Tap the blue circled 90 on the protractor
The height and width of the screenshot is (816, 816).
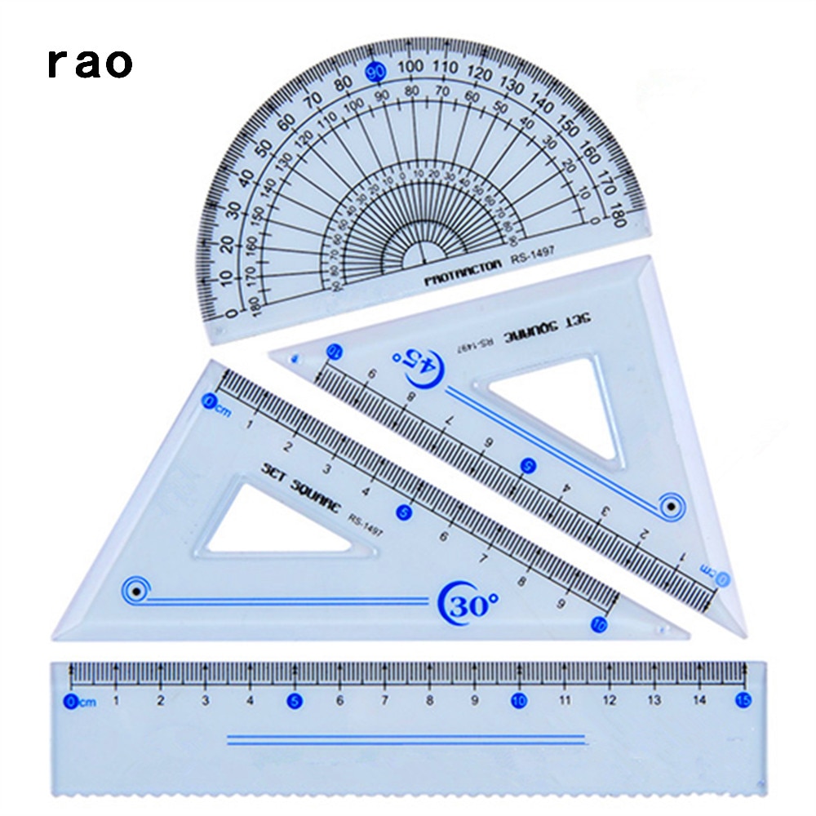(x=376, y=72)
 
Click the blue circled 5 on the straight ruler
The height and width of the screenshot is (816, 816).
(x=293, y=700)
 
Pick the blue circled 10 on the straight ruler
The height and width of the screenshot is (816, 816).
(x=517, y=700)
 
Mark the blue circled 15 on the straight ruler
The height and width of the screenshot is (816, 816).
(x=743, y=700)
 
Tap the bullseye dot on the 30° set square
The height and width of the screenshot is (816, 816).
(x=136, y=590)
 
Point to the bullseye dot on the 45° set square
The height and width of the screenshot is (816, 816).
(x=672, y=507)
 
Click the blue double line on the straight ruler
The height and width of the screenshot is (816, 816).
(x=406, y=740)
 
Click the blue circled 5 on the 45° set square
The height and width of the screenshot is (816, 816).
(x=528, y=466)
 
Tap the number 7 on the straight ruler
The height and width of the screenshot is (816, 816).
(x=384, y=700)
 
